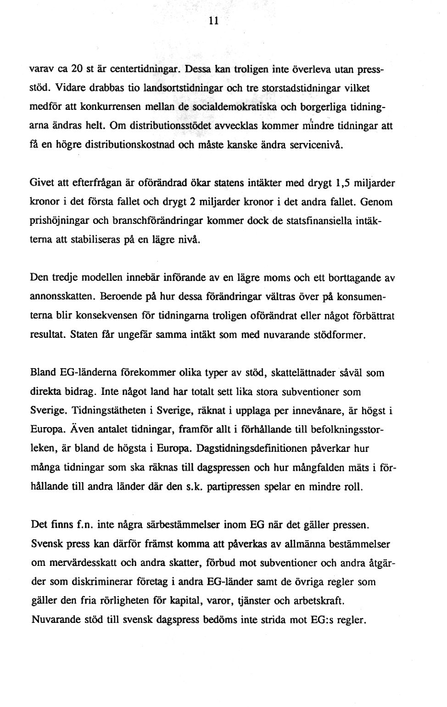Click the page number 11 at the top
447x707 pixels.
coord(212,21)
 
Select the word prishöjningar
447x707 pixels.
coord(57,221)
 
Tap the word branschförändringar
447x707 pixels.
coord(138,221)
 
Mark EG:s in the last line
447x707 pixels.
coord(322,620)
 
